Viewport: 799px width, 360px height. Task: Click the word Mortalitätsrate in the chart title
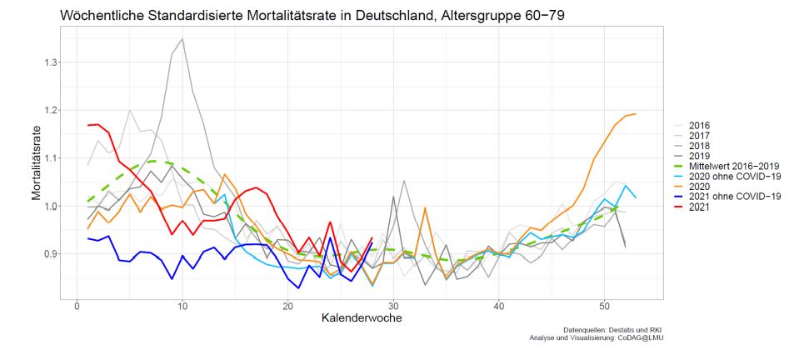pos(241,15)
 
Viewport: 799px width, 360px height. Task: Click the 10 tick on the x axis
pos(182,306)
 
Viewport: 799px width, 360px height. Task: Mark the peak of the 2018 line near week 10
pos(182,38)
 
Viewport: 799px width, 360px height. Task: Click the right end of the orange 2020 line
pos(636,114)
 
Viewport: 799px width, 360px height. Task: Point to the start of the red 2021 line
pos(87,125)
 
